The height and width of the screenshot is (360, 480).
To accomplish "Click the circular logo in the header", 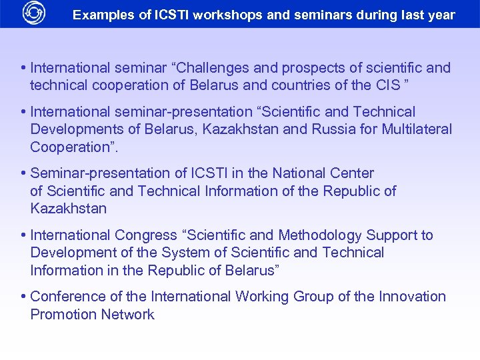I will [33, 13].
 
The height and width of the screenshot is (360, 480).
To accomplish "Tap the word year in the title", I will [441, 15].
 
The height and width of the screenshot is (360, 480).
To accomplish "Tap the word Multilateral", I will [417, 129].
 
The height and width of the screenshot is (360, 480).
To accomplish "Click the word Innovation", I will [412, 297].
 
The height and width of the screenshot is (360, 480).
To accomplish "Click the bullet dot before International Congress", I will [23, 235].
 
